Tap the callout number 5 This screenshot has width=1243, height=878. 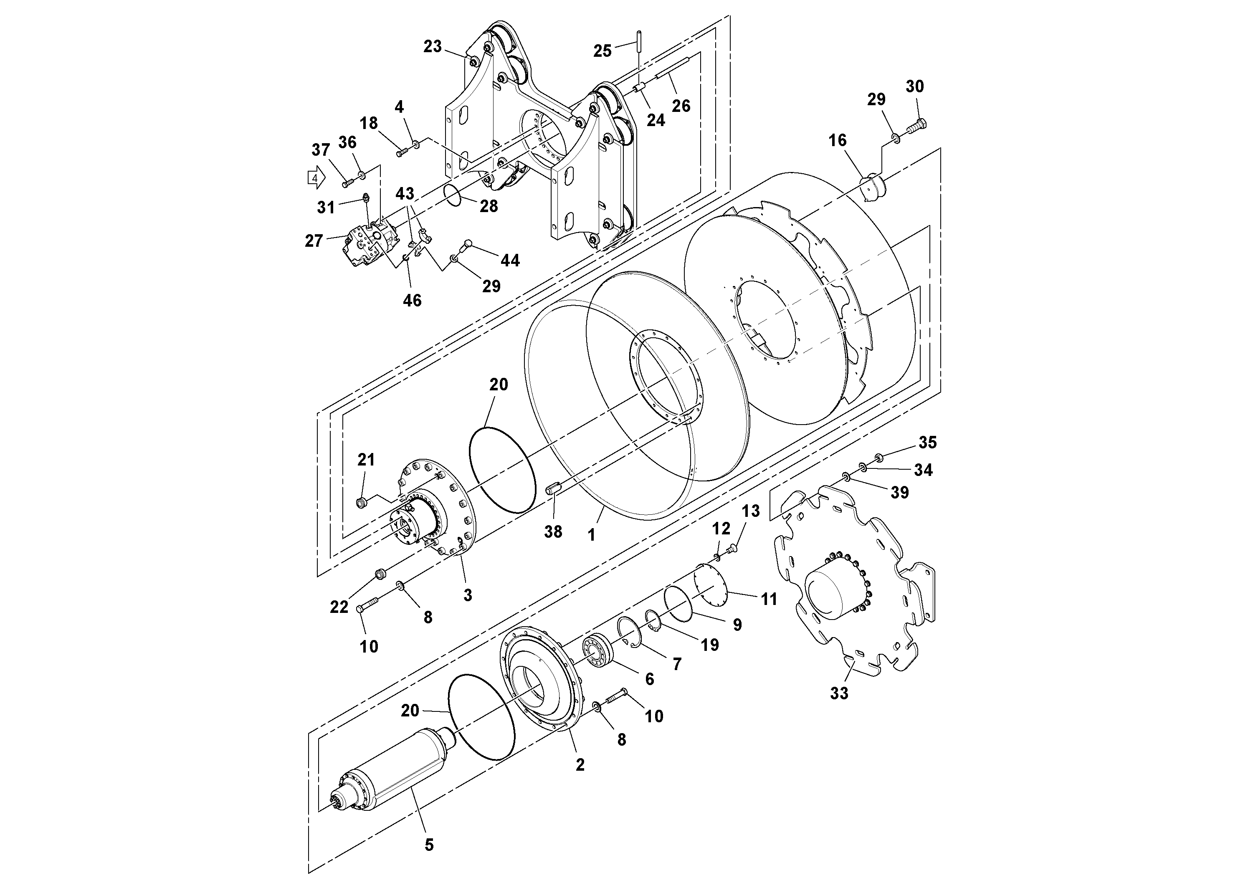click(429, 845)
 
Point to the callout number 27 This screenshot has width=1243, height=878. click(314, 240)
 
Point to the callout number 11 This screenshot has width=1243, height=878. click(769, 599)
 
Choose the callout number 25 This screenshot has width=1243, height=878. click(602, 51)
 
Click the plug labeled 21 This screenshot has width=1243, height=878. click(362, 503)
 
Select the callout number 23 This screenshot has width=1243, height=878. click(433, 47)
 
